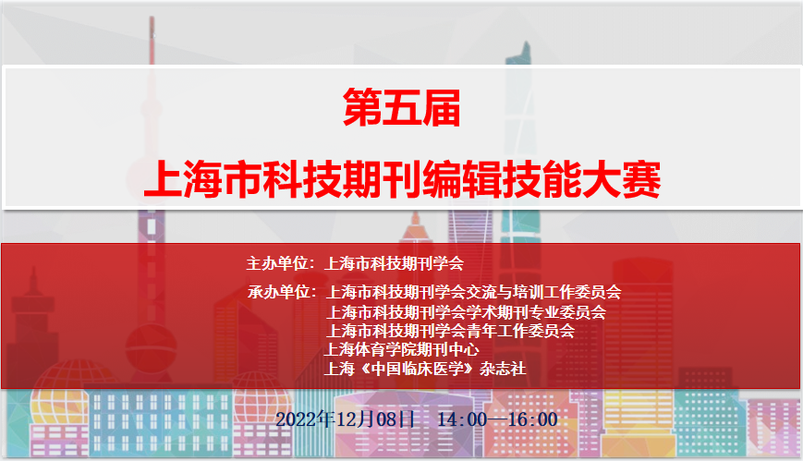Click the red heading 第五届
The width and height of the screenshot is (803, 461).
pos(401,107)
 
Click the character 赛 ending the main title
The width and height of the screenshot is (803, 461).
pos(641,179)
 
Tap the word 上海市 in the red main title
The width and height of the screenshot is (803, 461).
pos(203,179)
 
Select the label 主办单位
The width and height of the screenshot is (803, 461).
pos(277,263)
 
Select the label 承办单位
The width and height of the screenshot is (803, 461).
pos(278,292)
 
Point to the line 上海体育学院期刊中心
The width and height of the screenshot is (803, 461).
pos(402,350)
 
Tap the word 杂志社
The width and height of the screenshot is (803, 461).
pos(503,369)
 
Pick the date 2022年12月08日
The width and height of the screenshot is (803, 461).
pos(346,419)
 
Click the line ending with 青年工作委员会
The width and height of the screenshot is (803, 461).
pos(451,331)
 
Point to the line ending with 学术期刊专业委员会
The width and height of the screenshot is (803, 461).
pos(466,312)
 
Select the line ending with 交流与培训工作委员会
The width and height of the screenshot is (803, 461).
pos(474,292)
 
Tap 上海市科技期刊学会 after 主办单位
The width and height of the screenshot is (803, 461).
pos(394,263)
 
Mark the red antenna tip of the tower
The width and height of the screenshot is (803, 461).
pos(152,18)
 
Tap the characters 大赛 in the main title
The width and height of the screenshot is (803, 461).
pos(621,179)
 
